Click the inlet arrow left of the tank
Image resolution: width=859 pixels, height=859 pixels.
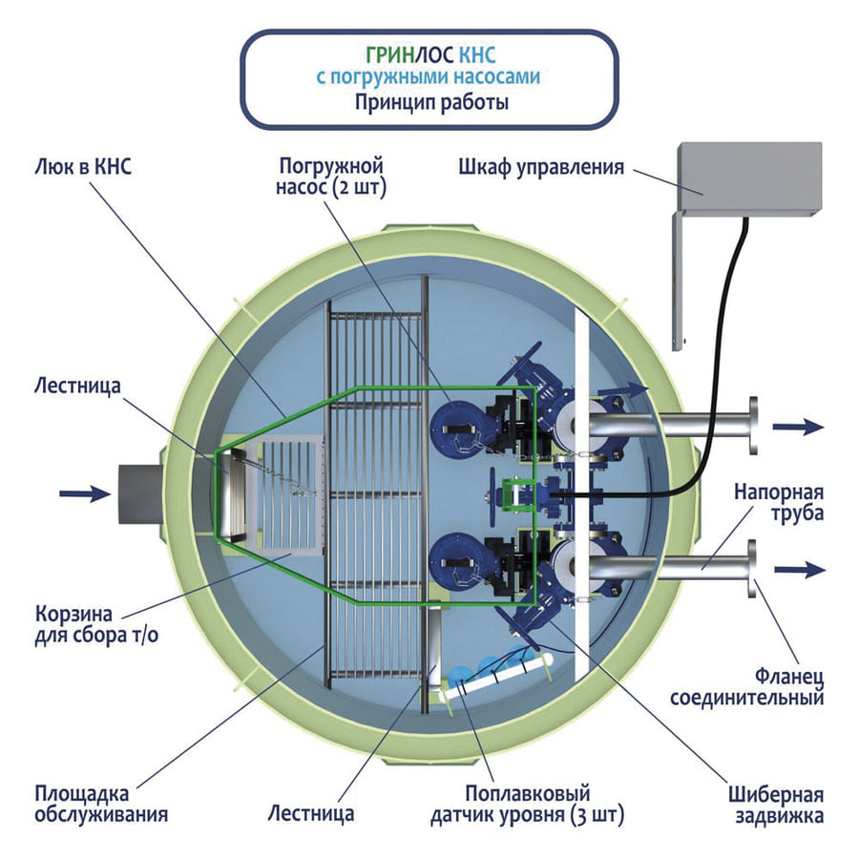[81, 493]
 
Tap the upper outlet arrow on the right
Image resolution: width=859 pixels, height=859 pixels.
[797, 427]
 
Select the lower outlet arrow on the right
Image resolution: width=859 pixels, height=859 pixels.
[797, 570]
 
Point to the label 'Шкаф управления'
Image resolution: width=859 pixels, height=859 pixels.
[540, 167]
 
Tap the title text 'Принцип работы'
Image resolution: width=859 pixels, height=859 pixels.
[431, 102]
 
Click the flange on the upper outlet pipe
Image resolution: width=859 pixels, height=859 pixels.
[755, 426]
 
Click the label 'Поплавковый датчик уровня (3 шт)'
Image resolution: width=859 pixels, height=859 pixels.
[528, 805]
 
